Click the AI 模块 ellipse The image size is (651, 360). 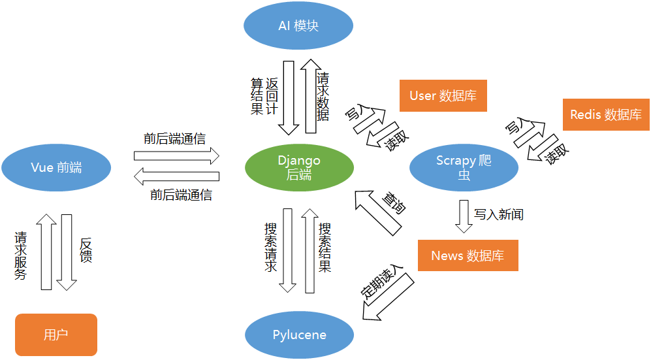[298, 26]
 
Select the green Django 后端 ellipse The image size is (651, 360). [299, 167]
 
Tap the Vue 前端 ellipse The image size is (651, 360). [56, 167]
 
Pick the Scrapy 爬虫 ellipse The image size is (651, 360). [464, 167]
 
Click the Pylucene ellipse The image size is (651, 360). [299, 335]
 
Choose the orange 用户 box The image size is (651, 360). [56, 335]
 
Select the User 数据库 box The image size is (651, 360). [443, 96]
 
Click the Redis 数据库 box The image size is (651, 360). [605, 114]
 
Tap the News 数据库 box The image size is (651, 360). [468, 255]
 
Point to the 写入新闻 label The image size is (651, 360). [499, 214]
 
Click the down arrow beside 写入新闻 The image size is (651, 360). [464, 216]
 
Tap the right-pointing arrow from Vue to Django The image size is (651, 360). [176, 155]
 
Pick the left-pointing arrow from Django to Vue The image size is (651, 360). [176, 177]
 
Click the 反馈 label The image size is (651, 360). [85, 250]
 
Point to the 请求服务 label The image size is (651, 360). [21, 255]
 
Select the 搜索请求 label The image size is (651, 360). [270, 248]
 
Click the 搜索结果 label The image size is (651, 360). [325, 248]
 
